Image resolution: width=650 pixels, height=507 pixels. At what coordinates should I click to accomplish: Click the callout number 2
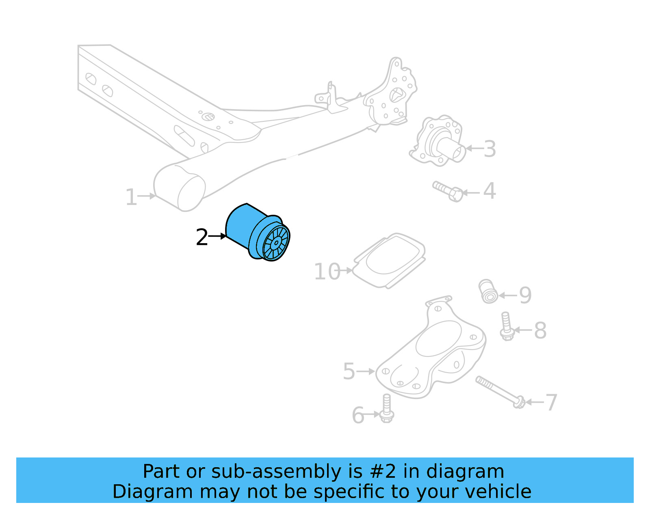tap(201, 237)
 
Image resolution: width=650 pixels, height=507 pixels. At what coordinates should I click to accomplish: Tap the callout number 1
tap(131, 197)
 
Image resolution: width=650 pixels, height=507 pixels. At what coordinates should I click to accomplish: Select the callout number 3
tap(490, 149)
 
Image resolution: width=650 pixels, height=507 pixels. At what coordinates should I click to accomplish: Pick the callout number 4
tap(489, 191)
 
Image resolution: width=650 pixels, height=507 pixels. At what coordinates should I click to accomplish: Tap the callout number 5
tap(349, 371)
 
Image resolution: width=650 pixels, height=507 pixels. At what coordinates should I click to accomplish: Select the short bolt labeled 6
tap(386, 409)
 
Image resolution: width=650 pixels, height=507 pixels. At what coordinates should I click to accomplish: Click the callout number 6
tap(358, 415)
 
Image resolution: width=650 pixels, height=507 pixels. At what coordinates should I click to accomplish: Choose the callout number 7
tap(551, 403)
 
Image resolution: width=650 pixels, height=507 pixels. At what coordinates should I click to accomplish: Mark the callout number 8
tap(540, 330)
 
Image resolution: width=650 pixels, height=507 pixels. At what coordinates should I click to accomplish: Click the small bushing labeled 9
tap(488, 291)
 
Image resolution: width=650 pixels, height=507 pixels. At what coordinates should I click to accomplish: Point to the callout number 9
tap(525, 295)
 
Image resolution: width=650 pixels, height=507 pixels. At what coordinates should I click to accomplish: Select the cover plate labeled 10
tap(390, 260)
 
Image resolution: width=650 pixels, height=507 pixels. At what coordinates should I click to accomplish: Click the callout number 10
tap(327, 272)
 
